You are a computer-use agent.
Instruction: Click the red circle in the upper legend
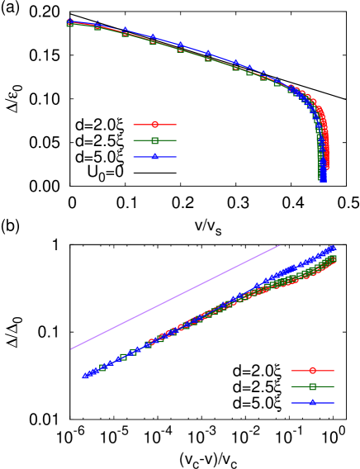[x=154, y=125]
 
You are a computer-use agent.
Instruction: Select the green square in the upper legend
[x=154, y=141]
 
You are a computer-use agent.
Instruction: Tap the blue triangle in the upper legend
[x=154, y=157]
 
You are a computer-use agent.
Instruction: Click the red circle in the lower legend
[x=312, y=371]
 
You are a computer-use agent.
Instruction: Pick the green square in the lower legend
[x=312, y=386]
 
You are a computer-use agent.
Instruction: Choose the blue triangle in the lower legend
[x=312, y=403]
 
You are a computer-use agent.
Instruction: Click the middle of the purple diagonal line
[x=175, y=297]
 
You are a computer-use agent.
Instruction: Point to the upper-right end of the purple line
[x=280, y=246]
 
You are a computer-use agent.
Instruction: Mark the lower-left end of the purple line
[x=71, y=348]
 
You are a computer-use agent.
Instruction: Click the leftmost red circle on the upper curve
[x=70, y=22]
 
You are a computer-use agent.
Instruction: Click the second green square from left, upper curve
[x=97, y=26]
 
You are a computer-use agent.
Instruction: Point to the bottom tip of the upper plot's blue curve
[x=323, y=180]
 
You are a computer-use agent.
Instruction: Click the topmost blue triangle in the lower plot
[x=333, y=247]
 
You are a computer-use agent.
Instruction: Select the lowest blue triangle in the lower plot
[x=83, y=377]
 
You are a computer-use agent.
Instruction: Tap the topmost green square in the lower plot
[x=333, y=258]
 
